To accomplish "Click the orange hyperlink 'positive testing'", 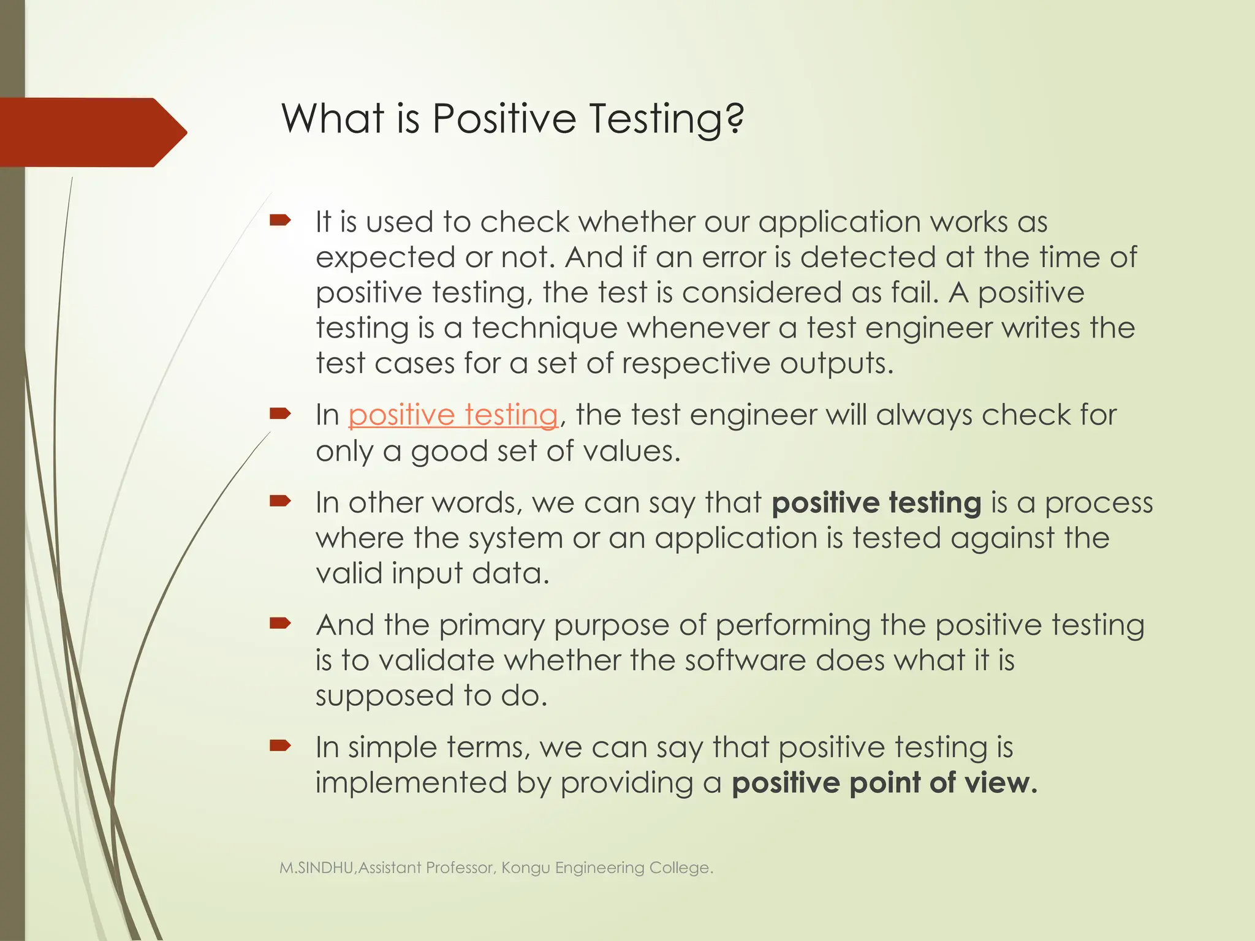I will (x=453, y=415).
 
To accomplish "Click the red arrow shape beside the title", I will (x=92, y=132).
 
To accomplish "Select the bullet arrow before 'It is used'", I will (x=279, y=221).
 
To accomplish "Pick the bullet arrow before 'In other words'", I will (x=279, y=502).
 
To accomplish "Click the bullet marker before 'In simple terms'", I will (x=279, y=746).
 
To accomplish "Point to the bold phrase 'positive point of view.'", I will (x=884, y=783).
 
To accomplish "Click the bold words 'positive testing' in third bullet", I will (x=876, y=502).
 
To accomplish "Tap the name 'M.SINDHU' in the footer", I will (x=317, y=867).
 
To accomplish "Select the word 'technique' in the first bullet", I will (x=544, y=328).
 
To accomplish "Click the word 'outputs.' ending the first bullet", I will (x=836, y=363).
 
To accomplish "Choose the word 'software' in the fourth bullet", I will (x=745, y=660).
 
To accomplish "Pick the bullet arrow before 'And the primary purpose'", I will (x=279, y=624).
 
